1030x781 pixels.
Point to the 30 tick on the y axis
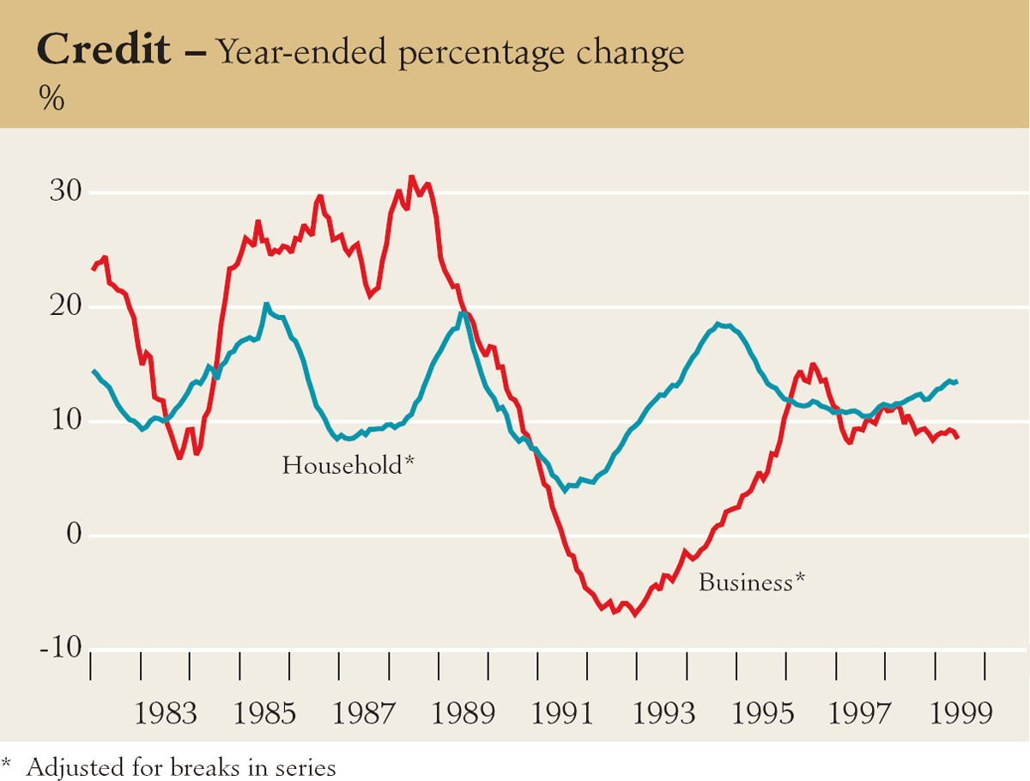[x=64, y=192]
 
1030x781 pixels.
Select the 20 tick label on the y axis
[x=64, y=306]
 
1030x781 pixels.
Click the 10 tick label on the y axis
[x=64, y=421]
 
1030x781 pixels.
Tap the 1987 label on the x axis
[x=364, y=713]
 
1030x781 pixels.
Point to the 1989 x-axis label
[x=463, y=713]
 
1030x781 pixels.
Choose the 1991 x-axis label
[x=563, y=713]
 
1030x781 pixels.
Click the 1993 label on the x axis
[x=663, y=713]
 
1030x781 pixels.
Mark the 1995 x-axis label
[x=762, y=713]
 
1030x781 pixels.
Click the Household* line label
[x=348, y=466]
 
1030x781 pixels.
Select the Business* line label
[x=752, y=583]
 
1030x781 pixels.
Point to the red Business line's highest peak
[x=411, y=178]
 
